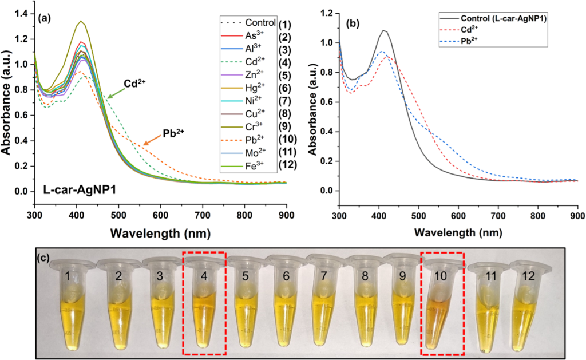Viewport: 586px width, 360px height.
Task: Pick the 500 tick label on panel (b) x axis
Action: click(419, 215)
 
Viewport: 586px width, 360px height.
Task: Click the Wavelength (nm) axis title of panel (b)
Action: click(458, 232)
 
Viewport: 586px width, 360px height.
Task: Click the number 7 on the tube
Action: click(324, 276)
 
